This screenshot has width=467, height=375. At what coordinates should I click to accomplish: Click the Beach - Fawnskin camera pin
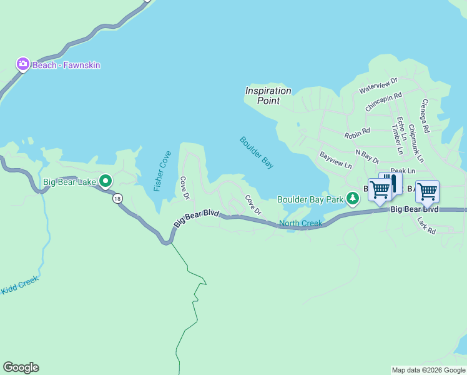click(x=23, y=64)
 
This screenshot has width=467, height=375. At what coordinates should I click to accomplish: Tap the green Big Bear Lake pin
click(x=106, y=182)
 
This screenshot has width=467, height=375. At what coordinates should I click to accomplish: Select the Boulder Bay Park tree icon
click(x=353, y=198)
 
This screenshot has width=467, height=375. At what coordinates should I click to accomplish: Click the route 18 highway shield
click(x=117, y=199)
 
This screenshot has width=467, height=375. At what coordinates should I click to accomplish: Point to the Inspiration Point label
click(x=268, y=95)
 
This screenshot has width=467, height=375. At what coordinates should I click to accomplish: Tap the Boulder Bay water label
click(x=257, y=152)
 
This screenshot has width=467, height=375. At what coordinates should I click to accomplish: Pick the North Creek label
click(x=300, y=224)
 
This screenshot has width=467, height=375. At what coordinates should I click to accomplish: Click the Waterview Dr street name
click(x=378, y=86)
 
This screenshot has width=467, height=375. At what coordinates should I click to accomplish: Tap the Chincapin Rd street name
click(x=383, y=102)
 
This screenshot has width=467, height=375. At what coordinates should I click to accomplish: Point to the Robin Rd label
click(x=357, y=133)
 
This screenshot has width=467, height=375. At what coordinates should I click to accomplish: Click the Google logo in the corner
click(x=21, y=367)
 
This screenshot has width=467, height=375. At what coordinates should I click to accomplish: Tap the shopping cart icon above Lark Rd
click(x=428, y=192)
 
